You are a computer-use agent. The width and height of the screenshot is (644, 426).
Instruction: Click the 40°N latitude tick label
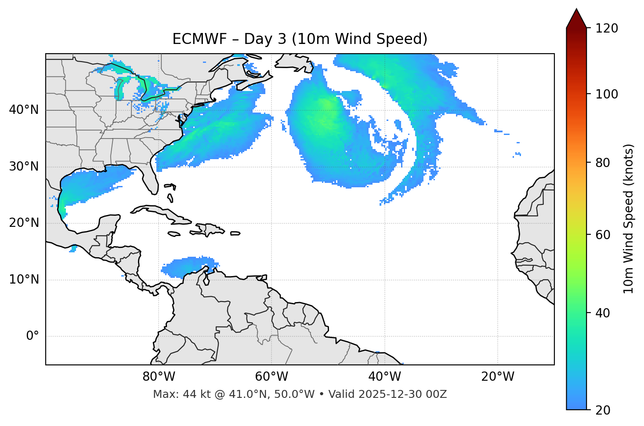point(24,110)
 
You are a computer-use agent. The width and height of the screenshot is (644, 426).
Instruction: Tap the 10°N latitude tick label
point(24,280)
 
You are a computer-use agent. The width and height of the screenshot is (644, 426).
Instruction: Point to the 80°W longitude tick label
point(159,377)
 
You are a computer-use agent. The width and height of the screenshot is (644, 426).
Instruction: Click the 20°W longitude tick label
point(498,377)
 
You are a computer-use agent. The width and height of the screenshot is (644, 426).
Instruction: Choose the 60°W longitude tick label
point(271,377)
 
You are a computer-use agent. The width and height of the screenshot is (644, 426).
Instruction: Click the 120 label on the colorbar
point(607,29)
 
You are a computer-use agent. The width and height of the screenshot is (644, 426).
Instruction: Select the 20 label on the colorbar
point(602,410)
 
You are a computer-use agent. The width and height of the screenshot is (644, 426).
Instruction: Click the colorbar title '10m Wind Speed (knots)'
point(629,218)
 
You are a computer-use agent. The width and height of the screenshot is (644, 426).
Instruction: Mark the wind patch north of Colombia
point(189,266)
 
